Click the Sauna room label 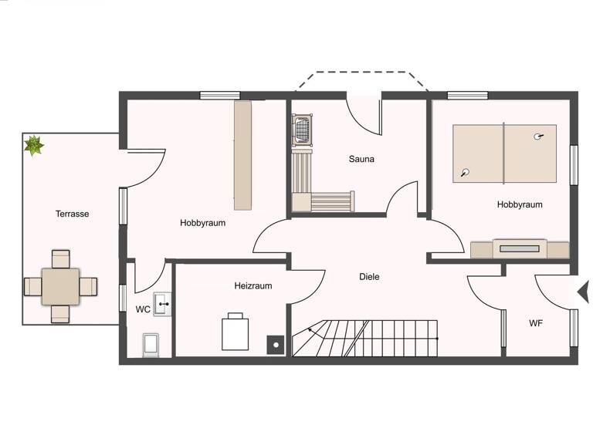pyautogui.click(x=361, y=160)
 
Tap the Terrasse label pyautogui.click(x=72, y=214)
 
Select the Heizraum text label pyautogui.click(x=253, y=285)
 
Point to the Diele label pyautogui.click(x=369, y=276)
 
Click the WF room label pyautogui.click(x=536, y=322)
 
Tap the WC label pyautogui.click(x=143, y=309)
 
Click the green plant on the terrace pyautogui.click(x=34, y=144)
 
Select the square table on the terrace pyautogui.click(x=60, y=286)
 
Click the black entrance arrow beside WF pyautogui.click(x=584, y=292)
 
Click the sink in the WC pyautogui.click(x=162, y=304)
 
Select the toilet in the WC pyautogui.click(x=151, y=344)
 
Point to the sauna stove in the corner pyautogui.click(x=302, y=129)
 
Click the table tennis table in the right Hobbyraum pyautogui.click(x=504, y=154)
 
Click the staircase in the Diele pyautogui.click(x=364, y=339)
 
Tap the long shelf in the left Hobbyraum pyautogui.click(x=243, y=155)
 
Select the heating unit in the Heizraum pyautogui.click(x=235, y=333)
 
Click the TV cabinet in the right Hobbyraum pyautogui.click(x=520, y=249)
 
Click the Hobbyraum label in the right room pyautogui.click(x=519, y=204)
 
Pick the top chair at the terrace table pyautogui.click(x=60, y=258)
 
